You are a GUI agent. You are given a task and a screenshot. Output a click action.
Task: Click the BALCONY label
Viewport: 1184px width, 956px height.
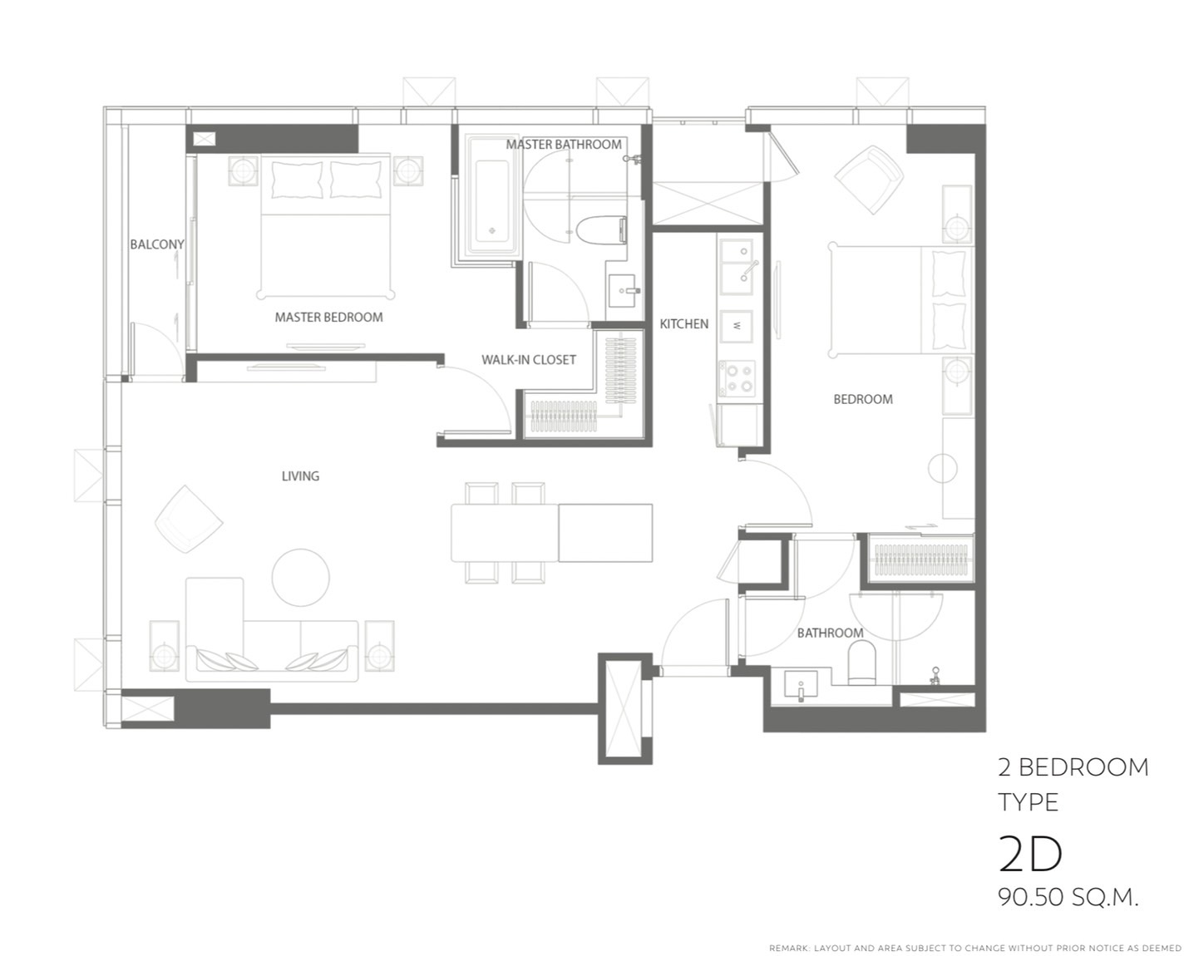157,244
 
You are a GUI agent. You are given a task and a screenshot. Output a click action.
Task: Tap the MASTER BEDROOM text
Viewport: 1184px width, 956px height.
328,318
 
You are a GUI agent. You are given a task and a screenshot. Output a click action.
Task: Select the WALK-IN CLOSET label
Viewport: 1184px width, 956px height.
529,360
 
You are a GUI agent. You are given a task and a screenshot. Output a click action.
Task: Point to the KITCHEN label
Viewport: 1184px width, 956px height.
683,323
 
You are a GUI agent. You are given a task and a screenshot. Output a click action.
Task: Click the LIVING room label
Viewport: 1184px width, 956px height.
300,476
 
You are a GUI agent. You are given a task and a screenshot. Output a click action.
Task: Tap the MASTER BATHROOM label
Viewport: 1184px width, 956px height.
564,145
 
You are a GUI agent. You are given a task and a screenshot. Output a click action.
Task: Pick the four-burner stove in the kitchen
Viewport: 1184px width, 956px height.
737,378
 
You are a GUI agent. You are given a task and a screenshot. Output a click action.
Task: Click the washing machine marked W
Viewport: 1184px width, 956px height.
737,326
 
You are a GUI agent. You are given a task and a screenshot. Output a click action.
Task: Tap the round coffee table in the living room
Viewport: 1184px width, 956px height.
300,578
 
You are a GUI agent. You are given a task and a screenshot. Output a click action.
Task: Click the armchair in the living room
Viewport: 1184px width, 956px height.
189,519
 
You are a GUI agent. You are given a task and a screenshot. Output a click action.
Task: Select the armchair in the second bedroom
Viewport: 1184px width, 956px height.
869,180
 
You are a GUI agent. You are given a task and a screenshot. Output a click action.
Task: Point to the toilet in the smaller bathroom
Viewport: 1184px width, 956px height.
862,662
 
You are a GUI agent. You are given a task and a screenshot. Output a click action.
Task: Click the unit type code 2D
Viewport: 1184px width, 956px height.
1030,855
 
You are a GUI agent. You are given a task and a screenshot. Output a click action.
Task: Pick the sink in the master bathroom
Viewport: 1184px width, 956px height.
624,291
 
